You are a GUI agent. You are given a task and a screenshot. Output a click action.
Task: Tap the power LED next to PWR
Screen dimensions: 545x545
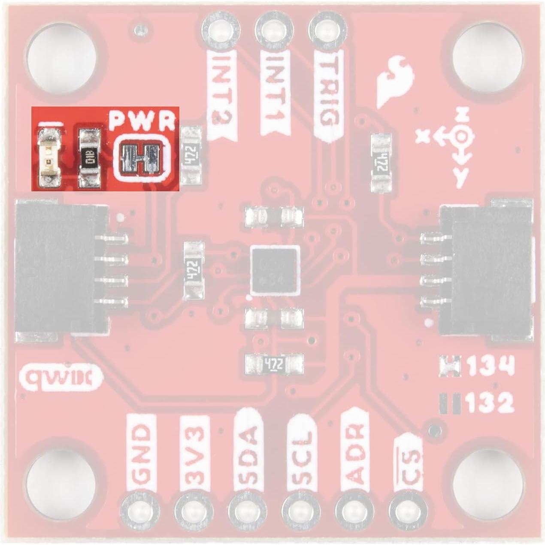[x=48, y=156]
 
